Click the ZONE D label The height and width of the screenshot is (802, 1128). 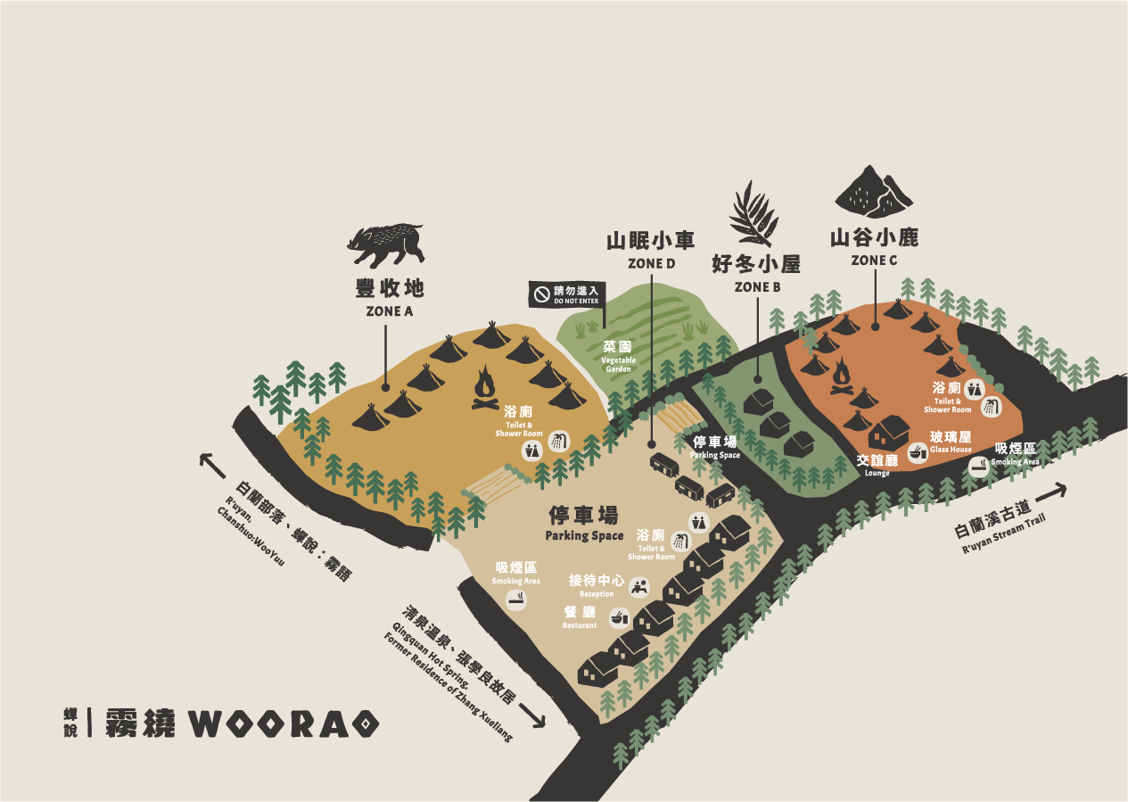[651, 263]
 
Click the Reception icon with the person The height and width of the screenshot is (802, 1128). [638, 586]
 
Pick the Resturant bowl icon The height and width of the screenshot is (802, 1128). [618, 616]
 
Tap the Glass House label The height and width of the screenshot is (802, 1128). [950, 442]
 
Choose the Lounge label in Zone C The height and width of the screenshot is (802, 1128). [877, 464]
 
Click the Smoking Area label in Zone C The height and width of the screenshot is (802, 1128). [1015, 453]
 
